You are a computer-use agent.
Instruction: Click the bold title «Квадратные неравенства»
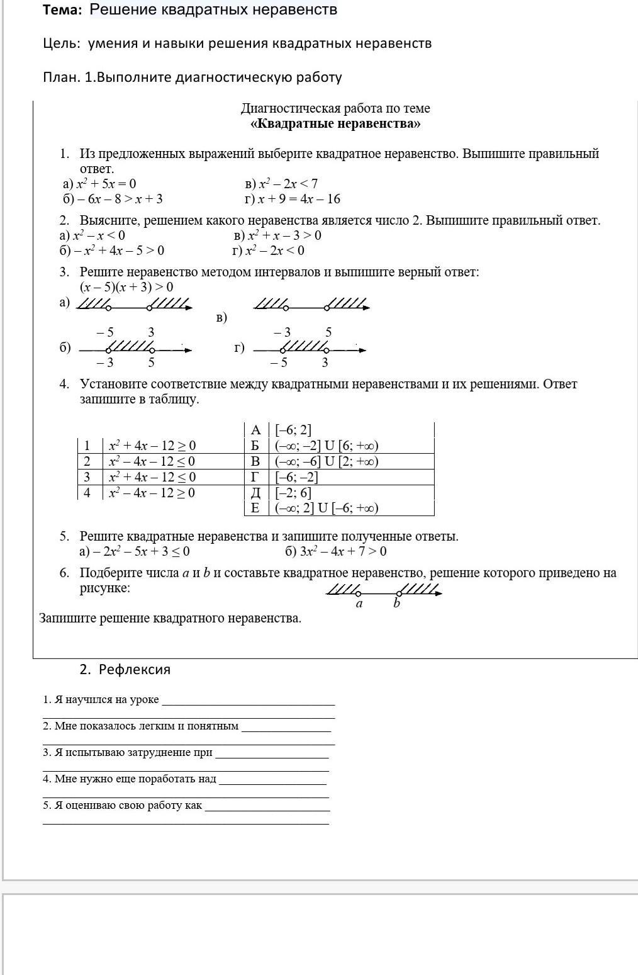pyautogui.click(x=335, y=123)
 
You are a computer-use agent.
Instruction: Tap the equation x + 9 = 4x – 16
pyautogui.click(x=293, y=200)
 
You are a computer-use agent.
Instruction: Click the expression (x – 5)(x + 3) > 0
pyautogui.click(x=126, y=287)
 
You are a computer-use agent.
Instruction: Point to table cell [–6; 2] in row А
pyautogui.click(x=293, y=430)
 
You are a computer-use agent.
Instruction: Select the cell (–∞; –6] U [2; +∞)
pyautogui.click(x=327, y=461)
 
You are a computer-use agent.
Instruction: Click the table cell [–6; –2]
pyautogui.click(x=296, y=477)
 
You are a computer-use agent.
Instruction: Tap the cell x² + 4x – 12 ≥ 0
pyautogui.click(x=152, y=446)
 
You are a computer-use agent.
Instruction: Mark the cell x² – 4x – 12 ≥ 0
pyautogui.click(x=152, y=493)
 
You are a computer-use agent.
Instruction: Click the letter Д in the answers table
pyautogui.click(x=255, y=493)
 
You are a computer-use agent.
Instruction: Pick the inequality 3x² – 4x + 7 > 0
pyautogui.click(x=336, y=552)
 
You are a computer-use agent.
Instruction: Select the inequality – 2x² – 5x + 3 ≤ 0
pyautogui.click(x=135, y=552)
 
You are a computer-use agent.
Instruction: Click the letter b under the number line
pyautogui.click(x=396, y=604)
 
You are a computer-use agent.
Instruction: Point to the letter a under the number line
pyautogui.click(x=359, y=604)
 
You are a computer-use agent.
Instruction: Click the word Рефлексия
pyautogui.click(x=135, y=669)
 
